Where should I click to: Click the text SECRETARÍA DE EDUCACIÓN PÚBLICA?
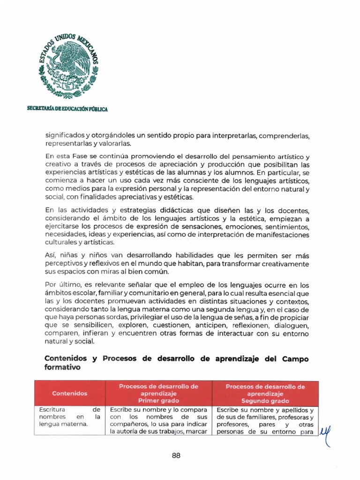[x=67, y=109]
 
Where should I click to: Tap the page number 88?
[x=176, y=455]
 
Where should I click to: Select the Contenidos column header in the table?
[x=69, y=393]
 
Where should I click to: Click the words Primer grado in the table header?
[x=158, y=401]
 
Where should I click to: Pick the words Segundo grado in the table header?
[x=265, y=401]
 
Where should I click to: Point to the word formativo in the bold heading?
[x=62, y=368]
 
